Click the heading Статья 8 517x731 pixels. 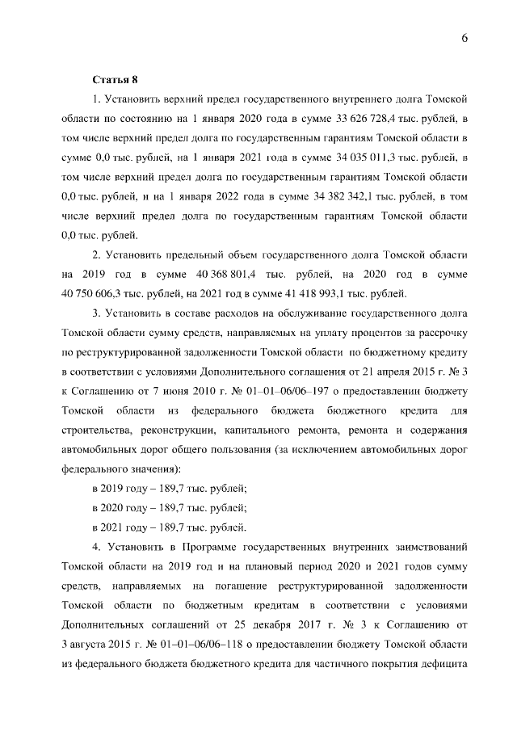point(116,79)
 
